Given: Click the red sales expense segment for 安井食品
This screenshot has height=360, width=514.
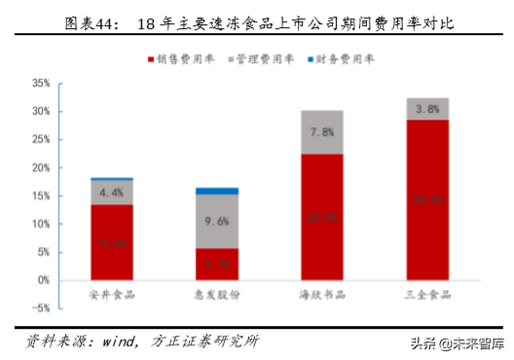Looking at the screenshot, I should [x=112, y=241].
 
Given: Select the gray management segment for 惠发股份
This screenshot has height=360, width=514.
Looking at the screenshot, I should [x=216, y=221].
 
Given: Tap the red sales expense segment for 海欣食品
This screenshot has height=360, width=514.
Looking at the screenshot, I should [x=321, y=216].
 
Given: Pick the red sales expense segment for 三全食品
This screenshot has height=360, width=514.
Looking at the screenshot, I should [x=426, y=199].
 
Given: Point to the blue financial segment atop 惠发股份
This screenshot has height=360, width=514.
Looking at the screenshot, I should [x=216, y=191].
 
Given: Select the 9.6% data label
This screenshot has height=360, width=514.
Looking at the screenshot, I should [x=216, y=221].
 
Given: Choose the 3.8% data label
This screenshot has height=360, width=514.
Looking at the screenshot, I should [x=426, y=110].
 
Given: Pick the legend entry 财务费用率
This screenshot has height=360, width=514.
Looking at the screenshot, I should [x=347, y=59].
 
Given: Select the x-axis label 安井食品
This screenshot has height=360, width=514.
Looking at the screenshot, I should [x=112, y=293].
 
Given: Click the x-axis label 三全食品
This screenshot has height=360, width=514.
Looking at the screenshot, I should [x=426, y=293].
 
